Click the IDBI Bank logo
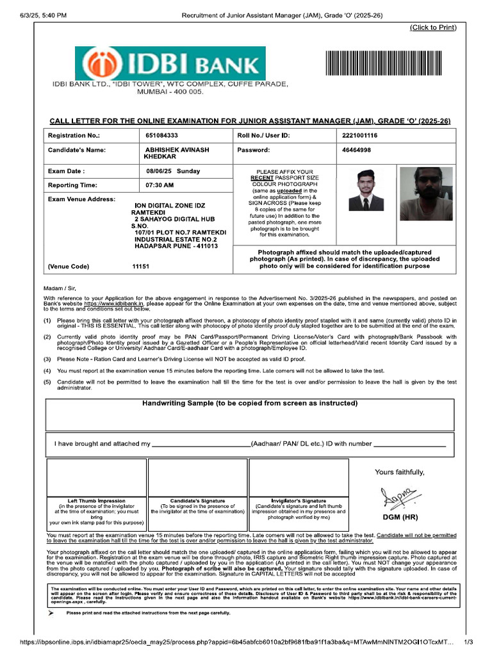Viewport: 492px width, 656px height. coord(169,63)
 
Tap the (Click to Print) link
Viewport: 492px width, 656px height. coord(433,27)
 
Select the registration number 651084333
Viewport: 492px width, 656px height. coord(161,136)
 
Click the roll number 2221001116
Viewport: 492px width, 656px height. coord(360,136)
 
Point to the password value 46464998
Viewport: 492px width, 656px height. coord(357,150)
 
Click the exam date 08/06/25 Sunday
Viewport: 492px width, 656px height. coord(173,171)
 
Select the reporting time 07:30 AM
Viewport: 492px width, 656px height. coord(160,185)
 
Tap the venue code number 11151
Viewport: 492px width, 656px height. coord(140,266)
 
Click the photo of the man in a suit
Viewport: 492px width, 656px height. coord(366,190)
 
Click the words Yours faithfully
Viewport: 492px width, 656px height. coord(400,472)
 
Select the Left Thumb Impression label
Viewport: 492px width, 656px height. coord(96,500)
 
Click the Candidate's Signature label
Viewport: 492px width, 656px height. coord(197,500)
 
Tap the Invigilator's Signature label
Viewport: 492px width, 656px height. coord(298,500)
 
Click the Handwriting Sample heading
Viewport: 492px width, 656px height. coord(249,404)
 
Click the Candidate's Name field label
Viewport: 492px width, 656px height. coord(76,150)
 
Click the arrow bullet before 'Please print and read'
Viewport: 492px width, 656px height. coord(51,613)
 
